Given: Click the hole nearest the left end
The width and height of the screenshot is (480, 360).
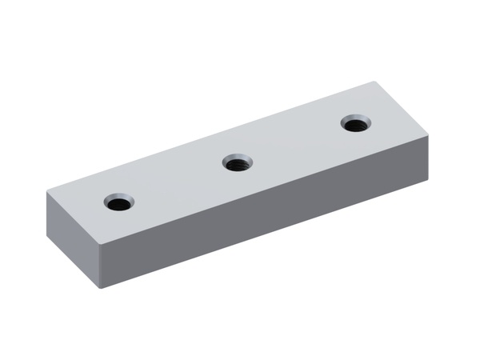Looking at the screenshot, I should (119, 201).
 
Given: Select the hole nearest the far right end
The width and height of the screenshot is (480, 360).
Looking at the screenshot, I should (355, 124).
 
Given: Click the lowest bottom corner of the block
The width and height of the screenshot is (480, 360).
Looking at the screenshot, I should (100, 288).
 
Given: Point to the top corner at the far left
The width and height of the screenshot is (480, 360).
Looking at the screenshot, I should (46, 192).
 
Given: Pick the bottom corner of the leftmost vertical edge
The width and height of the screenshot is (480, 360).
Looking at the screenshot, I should (47, 232).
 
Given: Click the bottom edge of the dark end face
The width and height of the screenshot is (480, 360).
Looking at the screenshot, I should (73, 260).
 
